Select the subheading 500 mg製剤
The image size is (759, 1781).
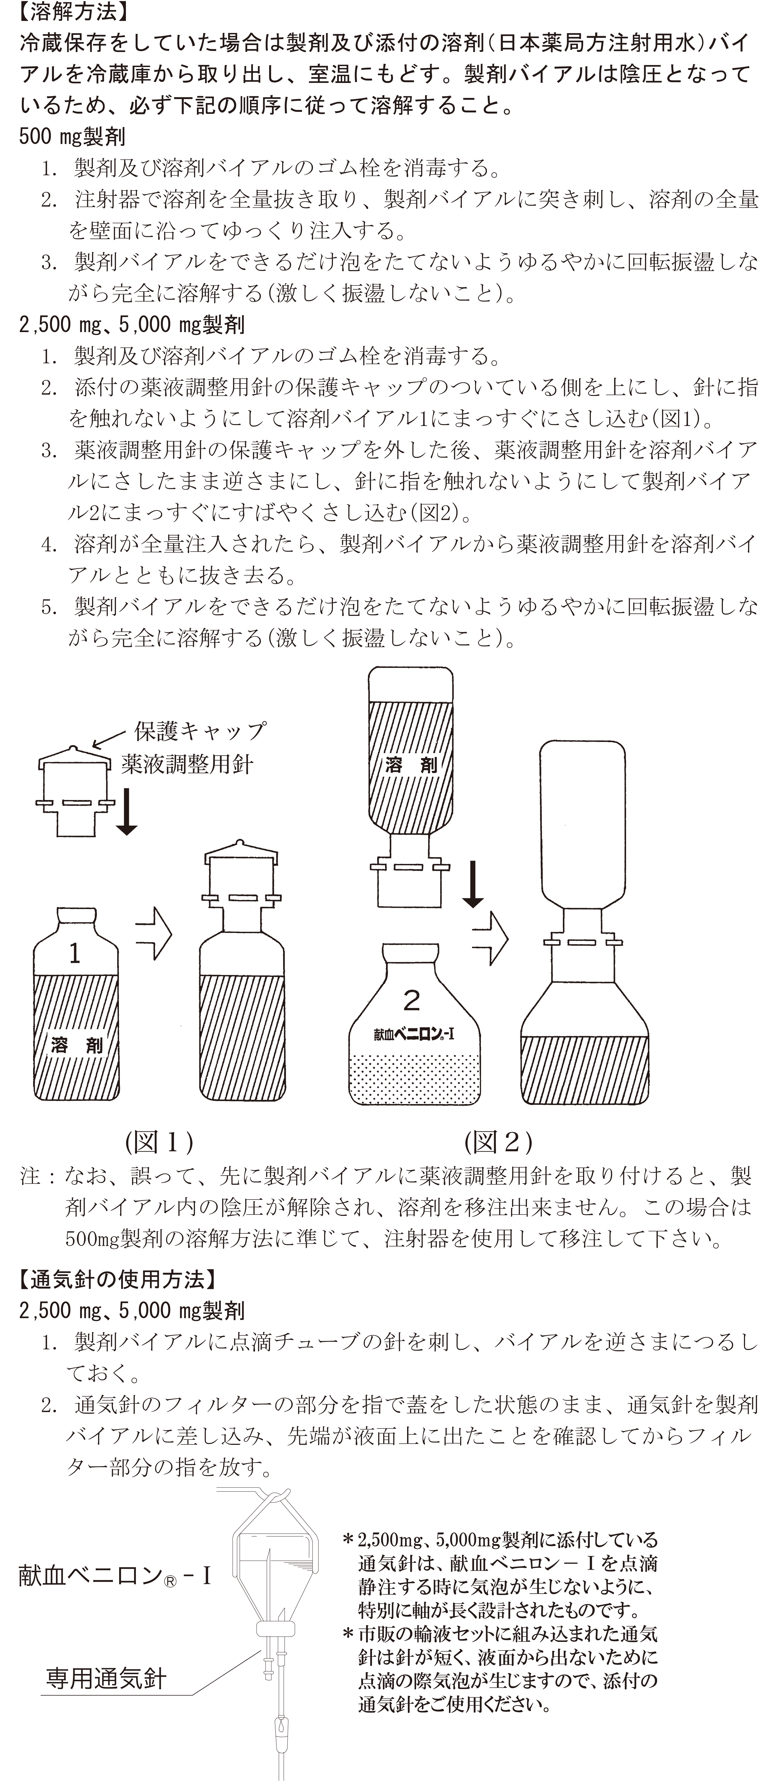tap(72, 136)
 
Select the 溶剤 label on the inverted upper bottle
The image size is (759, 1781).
tap(411, 765)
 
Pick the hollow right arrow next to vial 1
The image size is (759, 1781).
tap(153, 934)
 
